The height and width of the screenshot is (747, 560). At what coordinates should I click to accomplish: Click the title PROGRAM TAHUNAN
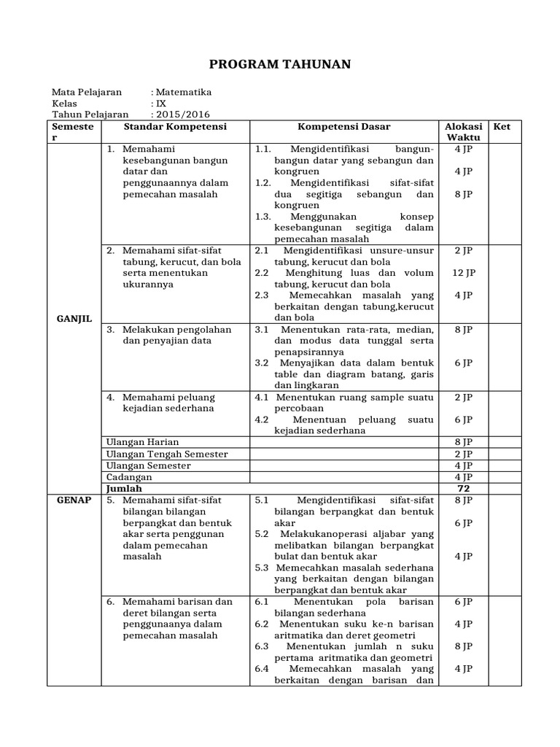click(280, 65)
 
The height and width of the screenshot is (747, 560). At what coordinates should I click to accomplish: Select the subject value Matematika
click(183, 92)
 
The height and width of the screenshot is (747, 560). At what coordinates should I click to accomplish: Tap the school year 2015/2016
click(182, 115)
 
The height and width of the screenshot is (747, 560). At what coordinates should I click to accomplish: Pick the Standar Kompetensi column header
click(175, 127)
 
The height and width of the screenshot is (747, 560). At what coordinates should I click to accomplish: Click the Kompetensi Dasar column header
click(343, 127)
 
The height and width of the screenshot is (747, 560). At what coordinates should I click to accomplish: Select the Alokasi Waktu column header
click(463, 132)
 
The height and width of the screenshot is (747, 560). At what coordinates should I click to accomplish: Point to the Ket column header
click(502, 127)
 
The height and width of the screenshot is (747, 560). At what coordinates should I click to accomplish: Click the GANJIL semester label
click(73, 320)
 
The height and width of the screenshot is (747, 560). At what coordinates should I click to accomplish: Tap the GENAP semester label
click(73, 500)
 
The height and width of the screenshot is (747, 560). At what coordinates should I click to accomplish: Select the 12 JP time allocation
click(463, 273)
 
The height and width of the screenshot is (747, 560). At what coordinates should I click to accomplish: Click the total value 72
click(463, 489)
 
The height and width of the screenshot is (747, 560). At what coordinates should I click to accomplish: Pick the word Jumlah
click(124, 489)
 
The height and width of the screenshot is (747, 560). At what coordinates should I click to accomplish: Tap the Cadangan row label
click(129, 477)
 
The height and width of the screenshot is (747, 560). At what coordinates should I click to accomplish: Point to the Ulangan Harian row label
click(142, 442)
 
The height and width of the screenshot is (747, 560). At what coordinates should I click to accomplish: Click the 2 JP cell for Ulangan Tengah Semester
click(463, 454)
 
